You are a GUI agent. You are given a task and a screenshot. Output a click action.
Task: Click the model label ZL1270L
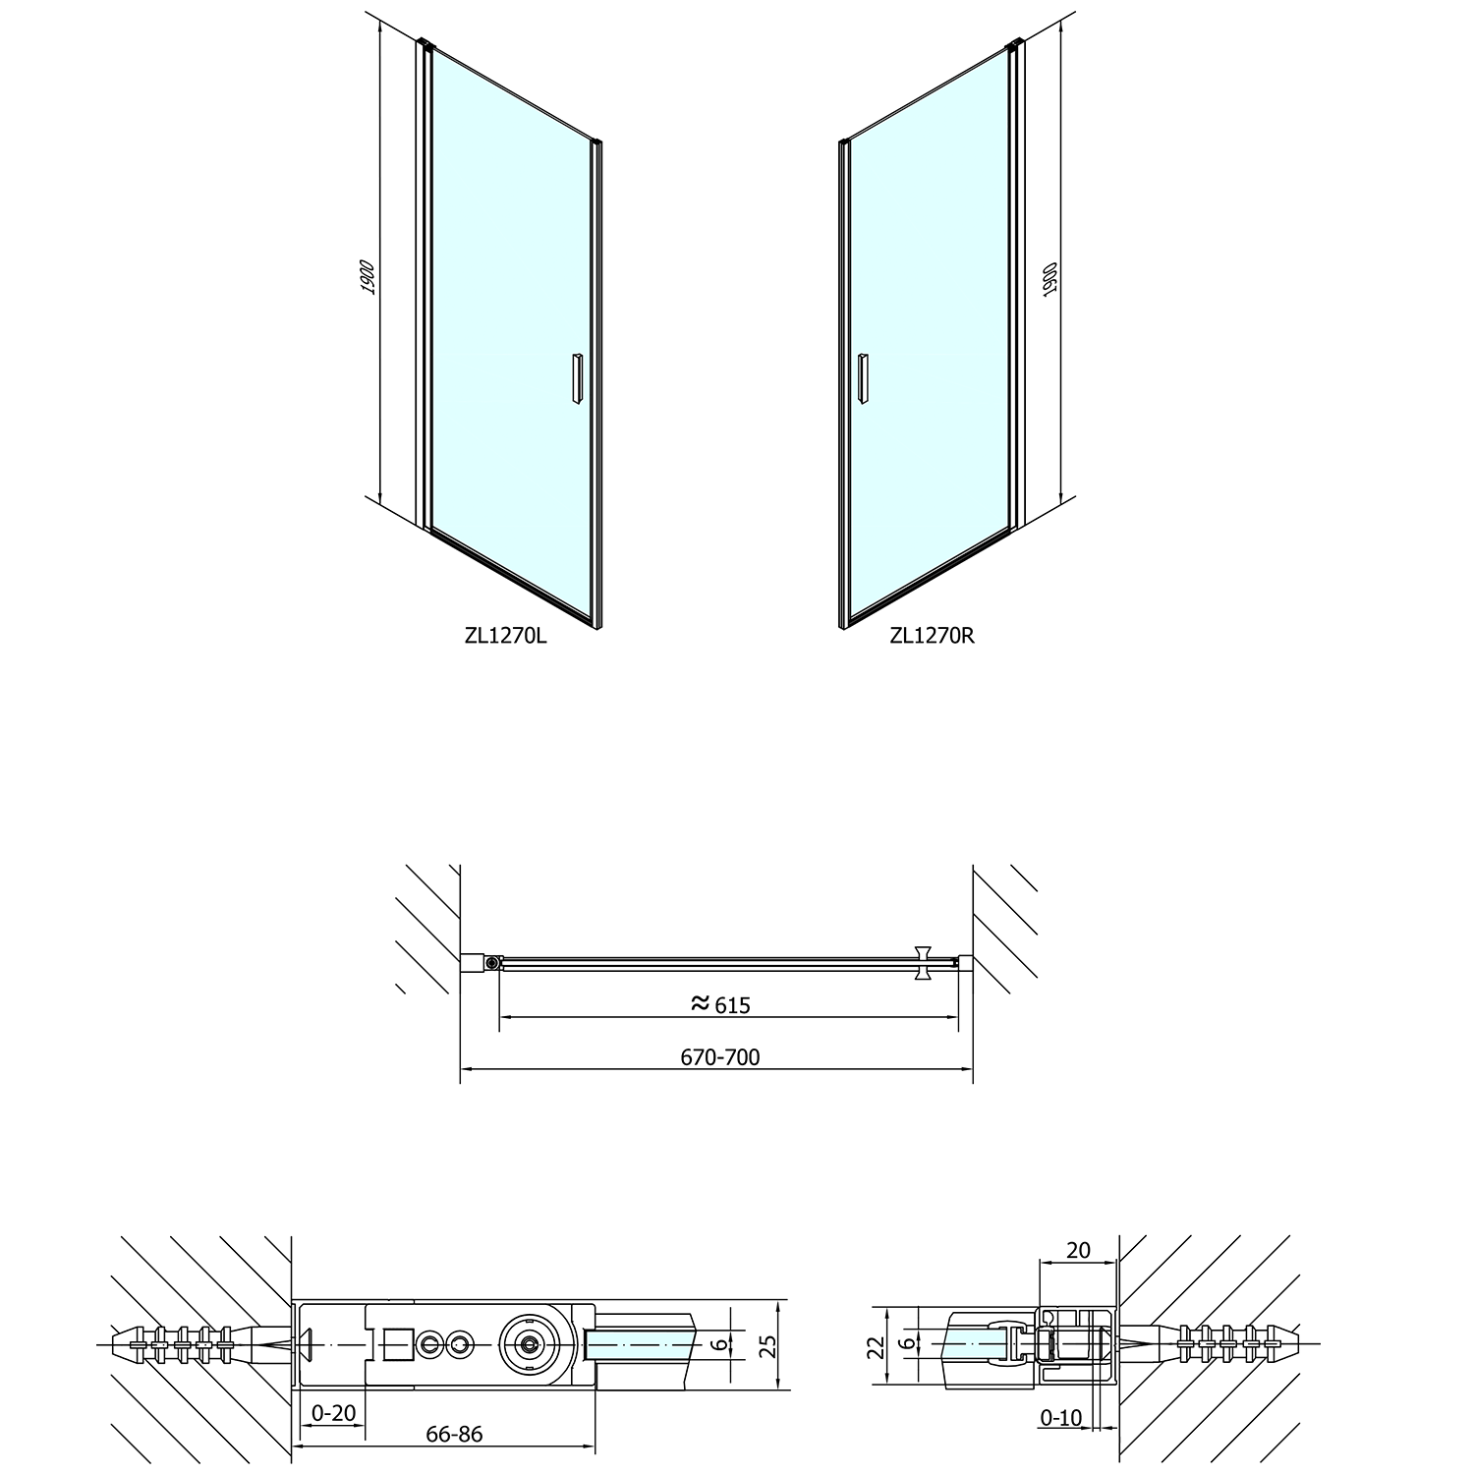tap(506, 635)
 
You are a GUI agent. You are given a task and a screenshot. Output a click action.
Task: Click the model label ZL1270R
tap(932, 635)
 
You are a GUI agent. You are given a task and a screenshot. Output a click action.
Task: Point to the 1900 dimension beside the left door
tap(368, 277)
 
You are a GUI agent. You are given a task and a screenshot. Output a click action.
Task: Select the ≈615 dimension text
tap(720, 1003)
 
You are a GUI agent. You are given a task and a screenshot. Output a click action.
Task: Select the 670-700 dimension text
tap(720, 1057)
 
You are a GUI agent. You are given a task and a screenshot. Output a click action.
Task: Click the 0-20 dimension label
tap(332, 1413)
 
